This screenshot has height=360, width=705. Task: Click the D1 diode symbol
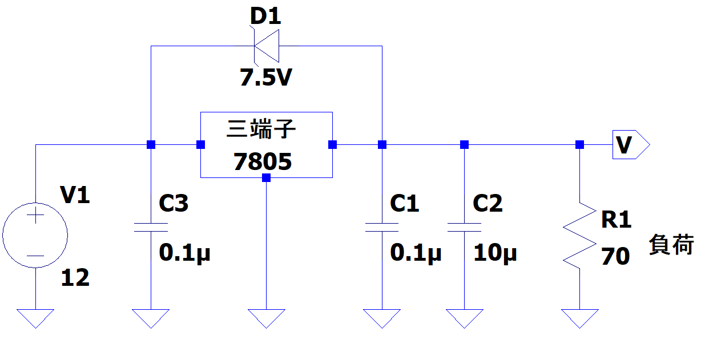click(x=267, y=46)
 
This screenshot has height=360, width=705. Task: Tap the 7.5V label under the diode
click(x=266, y=78)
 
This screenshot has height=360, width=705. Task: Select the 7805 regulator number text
click(x=263, y=161)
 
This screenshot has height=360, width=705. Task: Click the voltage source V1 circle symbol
click(x=35, y=235)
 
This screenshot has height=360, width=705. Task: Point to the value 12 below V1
click(x=75, y=277)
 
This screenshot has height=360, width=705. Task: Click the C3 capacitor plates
click(x=151, y=227)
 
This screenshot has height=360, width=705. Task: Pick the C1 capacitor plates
click(x=382, y=227)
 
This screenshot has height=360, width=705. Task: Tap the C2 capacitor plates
click(x=464, y=227)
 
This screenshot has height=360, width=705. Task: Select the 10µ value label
click(x=495, y=253)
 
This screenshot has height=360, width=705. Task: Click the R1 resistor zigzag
click(x=579, y=236)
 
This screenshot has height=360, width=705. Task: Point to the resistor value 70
click(x=615, y=256)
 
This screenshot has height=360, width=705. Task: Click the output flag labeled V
click(x=631, y=144)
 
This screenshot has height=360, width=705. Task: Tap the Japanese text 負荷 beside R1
click(x=671, y=244)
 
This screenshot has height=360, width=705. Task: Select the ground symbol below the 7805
click(x=266, y=318)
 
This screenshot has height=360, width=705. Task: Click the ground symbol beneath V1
click(x=35, y=318)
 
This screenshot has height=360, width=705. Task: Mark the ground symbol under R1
click(x=580, y=318)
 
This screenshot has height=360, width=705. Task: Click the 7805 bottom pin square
click(x=266, y=178)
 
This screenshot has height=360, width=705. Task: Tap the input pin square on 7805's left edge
click(x=200, y=145)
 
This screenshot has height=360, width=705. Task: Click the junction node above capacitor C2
click(x=464, y=145)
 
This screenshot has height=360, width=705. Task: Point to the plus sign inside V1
click(x=35, y=215)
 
